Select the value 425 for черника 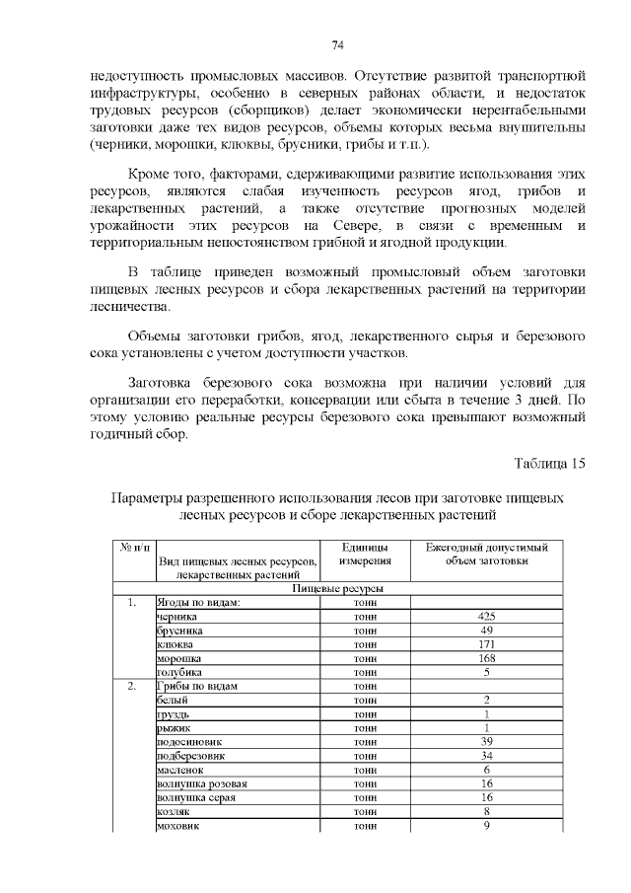click(x=486, y=616)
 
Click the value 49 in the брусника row click(x=486, y=630)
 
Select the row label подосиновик click(x=189, y=741)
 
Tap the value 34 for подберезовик click(x=486, y=756)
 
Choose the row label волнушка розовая click(x=201, y=783)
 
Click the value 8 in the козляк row click(x=486, y=811)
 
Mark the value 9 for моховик click(x=486, y=826)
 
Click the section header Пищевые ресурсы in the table click(x=338, y=588)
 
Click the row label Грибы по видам click(x=196, y=686)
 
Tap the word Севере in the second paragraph click(x=342, y=226)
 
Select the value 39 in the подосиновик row click(x=486, y=741)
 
